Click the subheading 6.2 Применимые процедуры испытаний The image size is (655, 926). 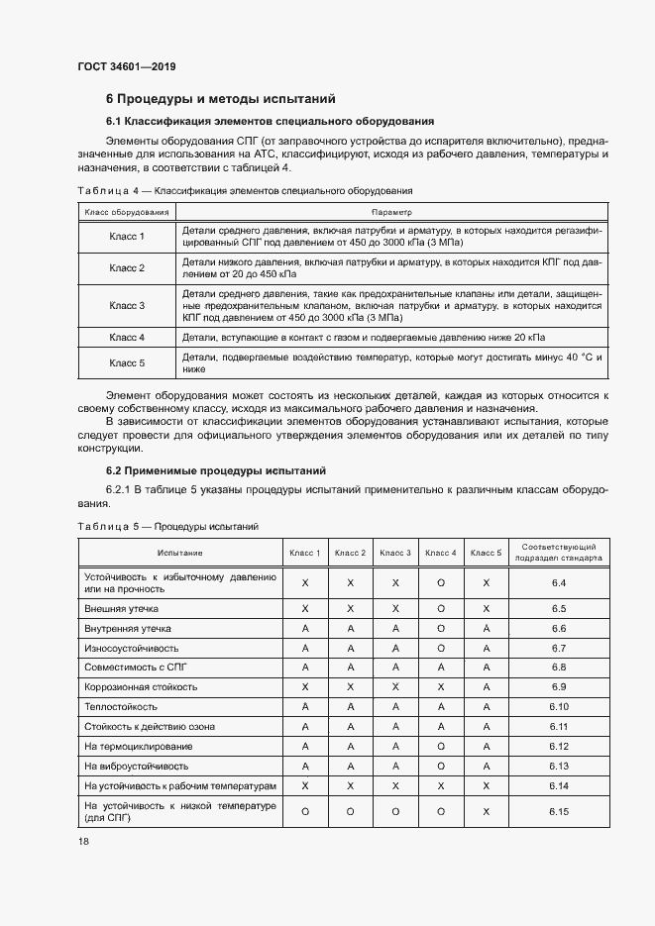coord(216,470)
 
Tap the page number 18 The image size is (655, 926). coord(84,840)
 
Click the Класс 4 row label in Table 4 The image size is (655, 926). coord(127,338)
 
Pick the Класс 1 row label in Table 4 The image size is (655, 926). coord(127,236)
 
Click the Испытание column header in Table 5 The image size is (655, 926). coord(178,553)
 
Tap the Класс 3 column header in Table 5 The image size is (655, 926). coord(395,553)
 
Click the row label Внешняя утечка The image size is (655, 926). coord(122,608)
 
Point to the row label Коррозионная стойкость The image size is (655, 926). coord(141,686)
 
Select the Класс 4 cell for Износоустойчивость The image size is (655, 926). coord(441,648)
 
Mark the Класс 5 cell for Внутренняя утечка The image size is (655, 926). coord(487,628)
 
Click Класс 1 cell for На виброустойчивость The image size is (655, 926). coord(305,766)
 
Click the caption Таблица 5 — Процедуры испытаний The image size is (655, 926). coord(168,526)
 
